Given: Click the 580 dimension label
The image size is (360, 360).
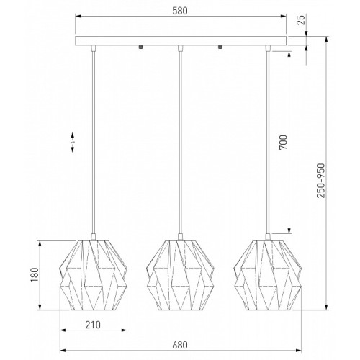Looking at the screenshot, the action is coord(180,11).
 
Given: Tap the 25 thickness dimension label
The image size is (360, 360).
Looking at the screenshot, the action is coord(301,19).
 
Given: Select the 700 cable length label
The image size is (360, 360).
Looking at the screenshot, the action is coord(283,142).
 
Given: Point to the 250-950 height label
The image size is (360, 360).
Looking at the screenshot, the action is coord(320,181).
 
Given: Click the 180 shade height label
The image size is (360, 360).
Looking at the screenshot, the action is coord(35,275).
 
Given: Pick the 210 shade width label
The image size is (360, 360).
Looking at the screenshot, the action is coord(93,325).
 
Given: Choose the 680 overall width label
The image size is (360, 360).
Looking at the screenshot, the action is coord(180,345).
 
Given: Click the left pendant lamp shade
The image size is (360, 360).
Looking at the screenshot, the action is coord(94,275).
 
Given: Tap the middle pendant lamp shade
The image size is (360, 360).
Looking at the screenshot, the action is coord(180,275).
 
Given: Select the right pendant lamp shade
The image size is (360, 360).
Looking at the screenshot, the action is coord(268,275).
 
